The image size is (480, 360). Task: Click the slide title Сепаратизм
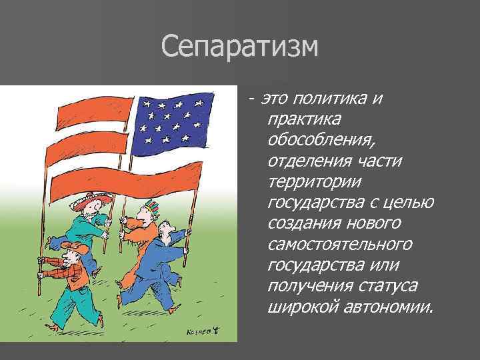[240, 47]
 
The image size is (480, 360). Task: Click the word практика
[303, 120]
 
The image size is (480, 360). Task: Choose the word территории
[312, 182]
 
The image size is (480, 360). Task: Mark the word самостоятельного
[339, 245]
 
